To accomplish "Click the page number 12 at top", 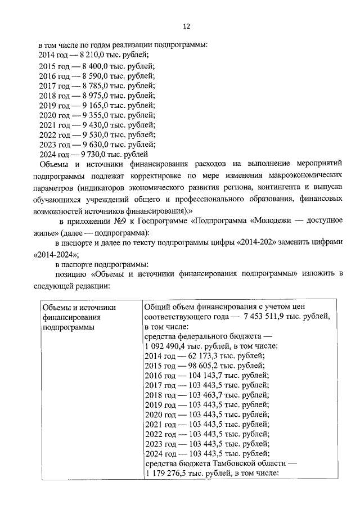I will coord(187,26).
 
